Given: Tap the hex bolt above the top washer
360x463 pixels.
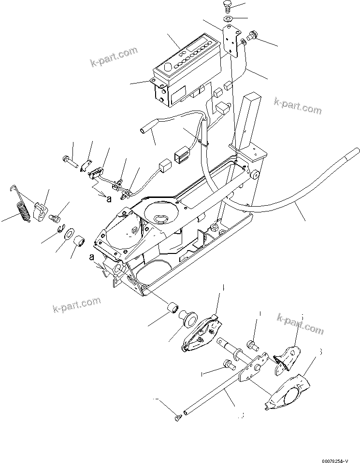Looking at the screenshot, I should point(229,7).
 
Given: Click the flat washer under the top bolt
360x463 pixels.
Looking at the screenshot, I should point(228,19).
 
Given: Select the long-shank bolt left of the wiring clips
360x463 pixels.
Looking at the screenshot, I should point(71,160).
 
